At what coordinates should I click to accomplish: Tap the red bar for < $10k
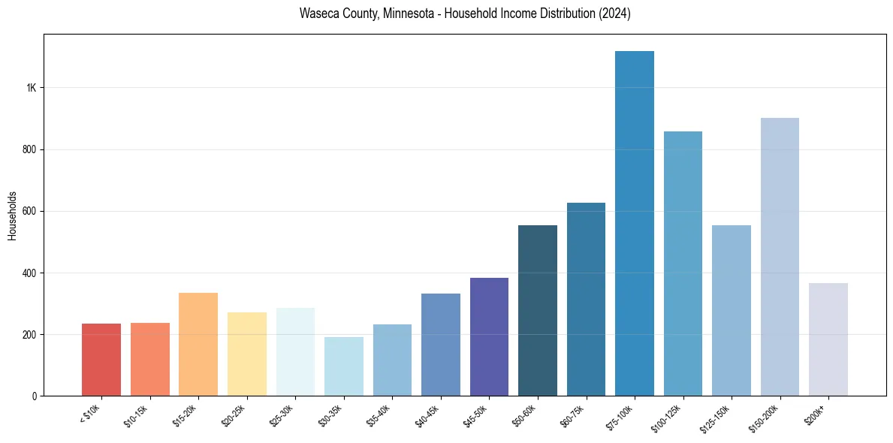101,360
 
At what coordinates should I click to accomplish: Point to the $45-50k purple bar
489,337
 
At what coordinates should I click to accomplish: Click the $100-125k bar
683,264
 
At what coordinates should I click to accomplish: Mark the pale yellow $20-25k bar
246,354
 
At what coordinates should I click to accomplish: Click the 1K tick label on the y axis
32,88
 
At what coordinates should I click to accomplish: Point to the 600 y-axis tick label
29,211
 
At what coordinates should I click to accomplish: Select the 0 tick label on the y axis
35,396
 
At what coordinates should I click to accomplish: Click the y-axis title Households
12,215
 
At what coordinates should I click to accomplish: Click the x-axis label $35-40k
379,414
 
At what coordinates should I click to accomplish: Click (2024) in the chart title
613,14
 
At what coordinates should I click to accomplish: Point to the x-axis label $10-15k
136,414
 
